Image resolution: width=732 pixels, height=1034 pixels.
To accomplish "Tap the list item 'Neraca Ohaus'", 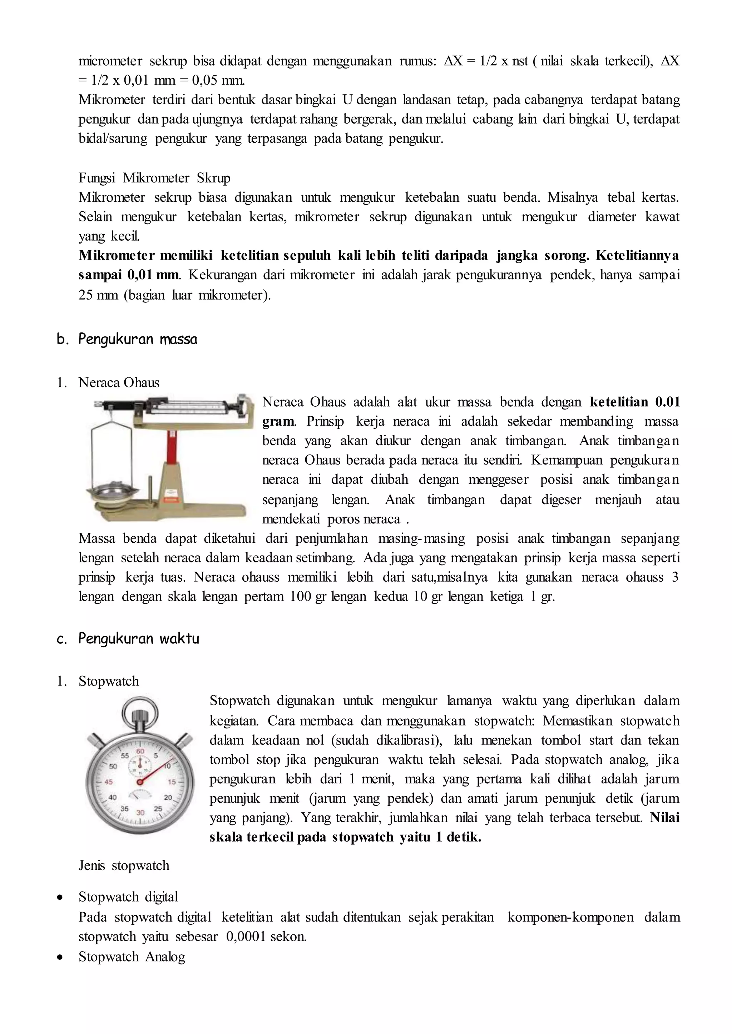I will coord(119,382).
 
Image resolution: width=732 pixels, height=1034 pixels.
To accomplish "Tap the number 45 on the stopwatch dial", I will coord(109,782).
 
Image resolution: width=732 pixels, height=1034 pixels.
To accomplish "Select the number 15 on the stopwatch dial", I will coord(172,782).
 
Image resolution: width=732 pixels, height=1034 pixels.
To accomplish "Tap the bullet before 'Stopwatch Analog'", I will coord(59,957).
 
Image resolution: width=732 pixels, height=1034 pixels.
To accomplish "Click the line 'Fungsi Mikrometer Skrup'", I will coord(154,178).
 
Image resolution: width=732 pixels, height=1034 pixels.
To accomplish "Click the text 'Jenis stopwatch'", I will coord(124,865).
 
